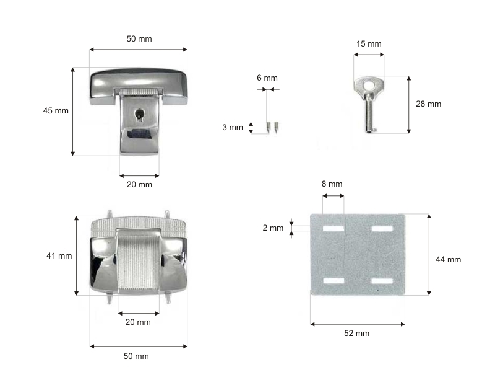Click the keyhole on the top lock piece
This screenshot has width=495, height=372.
tap(139, 115)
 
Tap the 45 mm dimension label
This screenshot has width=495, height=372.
tap(56, 111)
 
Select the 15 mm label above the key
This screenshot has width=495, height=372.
tap(369, 43)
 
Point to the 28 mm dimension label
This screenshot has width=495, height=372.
tap(428, 104)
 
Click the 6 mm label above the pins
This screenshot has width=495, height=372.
tap(267, 78)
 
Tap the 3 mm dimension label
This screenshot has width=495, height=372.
tap(233, 128)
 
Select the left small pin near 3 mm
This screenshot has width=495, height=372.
tap(269, 127)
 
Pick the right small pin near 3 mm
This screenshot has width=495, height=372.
tap(276, 127)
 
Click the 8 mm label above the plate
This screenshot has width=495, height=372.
tap(332, 184)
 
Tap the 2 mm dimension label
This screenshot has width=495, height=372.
tap(273, 228)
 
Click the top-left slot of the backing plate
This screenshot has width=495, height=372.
tap(334, 228)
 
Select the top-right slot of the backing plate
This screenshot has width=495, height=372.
tap(382, 228)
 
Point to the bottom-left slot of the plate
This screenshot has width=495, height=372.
tap(334, 281)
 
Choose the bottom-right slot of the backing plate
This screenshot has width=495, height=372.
tap(382, 281)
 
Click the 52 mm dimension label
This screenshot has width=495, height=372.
tap(357, 333)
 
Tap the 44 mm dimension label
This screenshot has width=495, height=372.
tap(448, 259)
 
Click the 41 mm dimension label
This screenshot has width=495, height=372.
tap(59, 255)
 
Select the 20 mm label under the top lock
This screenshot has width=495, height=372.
tap(140, 184)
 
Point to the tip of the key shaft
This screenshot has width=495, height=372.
tap(369, 131)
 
